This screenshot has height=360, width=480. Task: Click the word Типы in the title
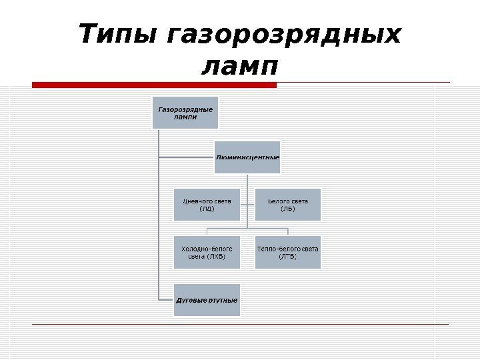tap(116, 35)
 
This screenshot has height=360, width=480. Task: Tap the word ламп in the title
tap(239, 67)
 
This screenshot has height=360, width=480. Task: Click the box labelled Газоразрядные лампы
tap(185, 113)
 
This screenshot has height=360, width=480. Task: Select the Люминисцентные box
tap(247, 157)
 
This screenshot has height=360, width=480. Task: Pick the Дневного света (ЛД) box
tap(207, 204)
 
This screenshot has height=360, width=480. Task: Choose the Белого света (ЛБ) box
tap(287, 204)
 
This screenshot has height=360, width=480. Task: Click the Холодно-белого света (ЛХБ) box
tap(207, 252)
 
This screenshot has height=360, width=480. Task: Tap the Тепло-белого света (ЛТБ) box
tap(287, 252)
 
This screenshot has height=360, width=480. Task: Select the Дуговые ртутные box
tap(207, 300)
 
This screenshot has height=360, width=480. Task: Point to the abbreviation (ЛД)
tap(207, 209)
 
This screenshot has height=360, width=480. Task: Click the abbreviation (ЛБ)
tap(287, 209)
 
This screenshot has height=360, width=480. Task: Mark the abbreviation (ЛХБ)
tap(215, 256)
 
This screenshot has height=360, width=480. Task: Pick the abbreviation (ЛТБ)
tap(287, 256)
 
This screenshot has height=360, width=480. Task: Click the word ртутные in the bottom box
tap(221, 300)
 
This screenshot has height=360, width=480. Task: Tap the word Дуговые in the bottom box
tap(191, 300)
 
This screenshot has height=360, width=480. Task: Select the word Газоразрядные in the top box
tap(185, 109)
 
